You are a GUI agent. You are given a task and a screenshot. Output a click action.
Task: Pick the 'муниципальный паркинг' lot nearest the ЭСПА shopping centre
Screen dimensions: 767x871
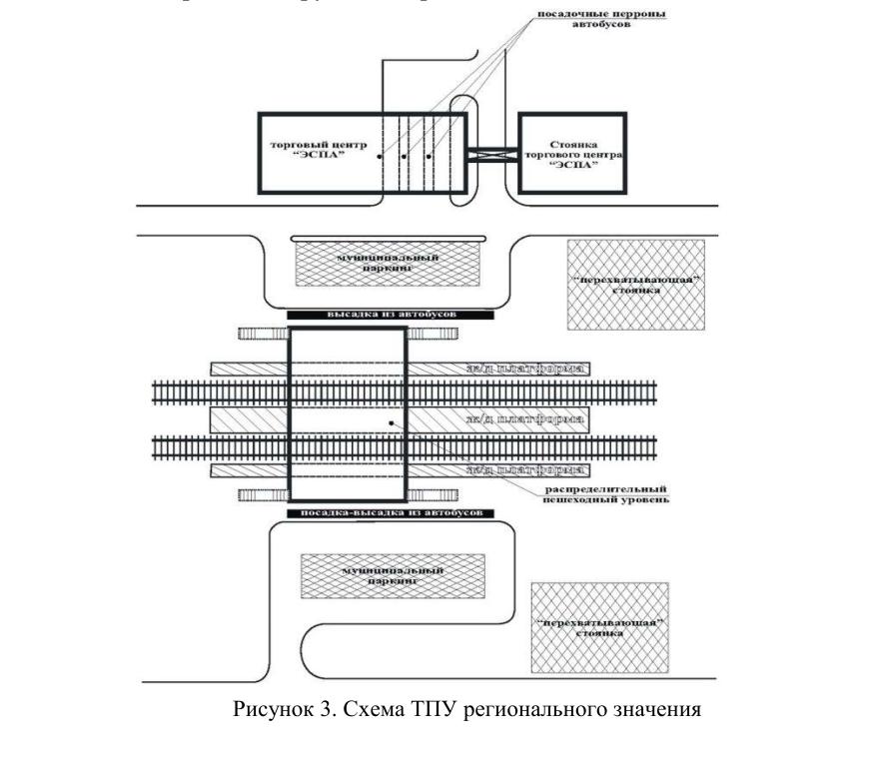[x=389, y=263]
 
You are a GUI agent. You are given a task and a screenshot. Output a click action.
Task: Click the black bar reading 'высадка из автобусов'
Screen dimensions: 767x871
[x=392, y=314]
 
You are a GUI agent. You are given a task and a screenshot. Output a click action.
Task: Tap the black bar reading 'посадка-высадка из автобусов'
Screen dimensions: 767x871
[x=392, y=512]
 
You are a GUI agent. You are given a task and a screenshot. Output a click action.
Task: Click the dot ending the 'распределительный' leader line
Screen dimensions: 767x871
[x=391, y=423]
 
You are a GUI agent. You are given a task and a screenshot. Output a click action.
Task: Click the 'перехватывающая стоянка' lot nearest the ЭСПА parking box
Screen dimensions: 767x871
[x=635, y=285]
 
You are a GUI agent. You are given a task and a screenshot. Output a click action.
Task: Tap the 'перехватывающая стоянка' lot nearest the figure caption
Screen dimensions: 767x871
[x=599, y=627]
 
